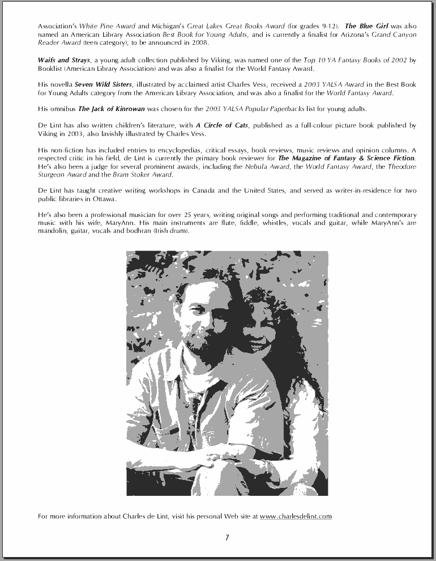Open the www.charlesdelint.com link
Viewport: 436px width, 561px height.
296,516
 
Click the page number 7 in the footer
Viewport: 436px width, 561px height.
227,538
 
